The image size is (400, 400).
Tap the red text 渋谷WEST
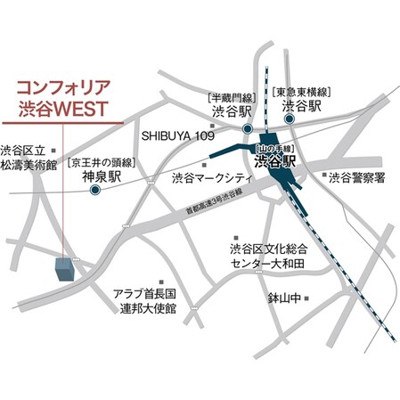pos(63,109)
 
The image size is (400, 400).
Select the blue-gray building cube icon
pos(65,270)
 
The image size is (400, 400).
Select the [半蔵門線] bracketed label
pos(231,96)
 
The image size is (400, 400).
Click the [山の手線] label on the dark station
pos(274,148)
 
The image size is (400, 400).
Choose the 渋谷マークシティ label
pos(209,177)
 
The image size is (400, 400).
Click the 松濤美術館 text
pos(29,164)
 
